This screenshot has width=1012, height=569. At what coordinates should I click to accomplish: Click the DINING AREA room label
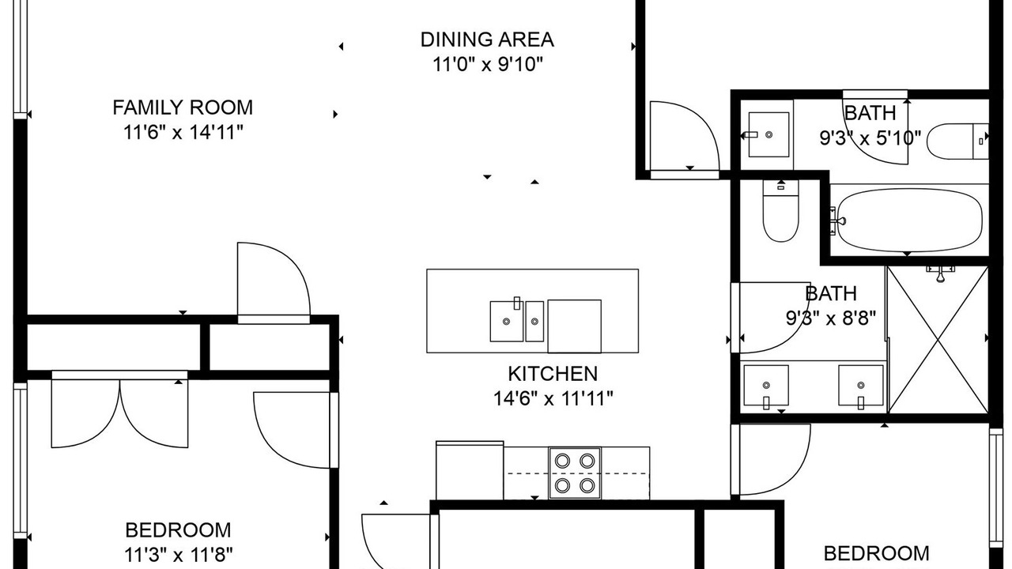coord(487,40)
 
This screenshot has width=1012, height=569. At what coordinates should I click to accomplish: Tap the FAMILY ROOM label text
coord(183,107)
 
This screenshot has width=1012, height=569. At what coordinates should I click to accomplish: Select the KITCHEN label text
coord(553,374)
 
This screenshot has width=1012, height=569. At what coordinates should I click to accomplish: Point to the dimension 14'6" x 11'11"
coord(553,398)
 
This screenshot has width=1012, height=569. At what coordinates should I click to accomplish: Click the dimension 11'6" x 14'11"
coord(183,132)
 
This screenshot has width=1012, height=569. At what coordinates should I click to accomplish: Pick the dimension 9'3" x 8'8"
coord(831,318)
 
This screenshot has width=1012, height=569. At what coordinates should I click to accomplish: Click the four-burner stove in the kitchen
coord(575,473)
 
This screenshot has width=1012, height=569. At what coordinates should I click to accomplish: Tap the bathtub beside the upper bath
coord(909,220)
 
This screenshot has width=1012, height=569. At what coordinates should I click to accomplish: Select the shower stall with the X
coord(938,339)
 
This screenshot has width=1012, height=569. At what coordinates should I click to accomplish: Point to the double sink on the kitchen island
coord(517,321)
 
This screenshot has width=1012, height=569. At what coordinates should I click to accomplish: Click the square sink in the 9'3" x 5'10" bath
coord(769,134)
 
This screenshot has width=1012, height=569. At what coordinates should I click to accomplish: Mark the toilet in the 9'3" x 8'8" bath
coord(780,211)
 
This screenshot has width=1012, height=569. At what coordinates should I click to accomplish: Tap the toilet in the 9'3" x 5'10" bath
coord(957,141)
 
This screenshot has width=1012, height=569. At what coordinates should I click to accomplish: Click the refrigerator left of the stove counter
coord(470,470)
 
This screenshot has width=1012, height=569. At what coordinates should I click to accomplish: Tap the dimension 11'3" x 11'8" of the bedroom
coord(179,555)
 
